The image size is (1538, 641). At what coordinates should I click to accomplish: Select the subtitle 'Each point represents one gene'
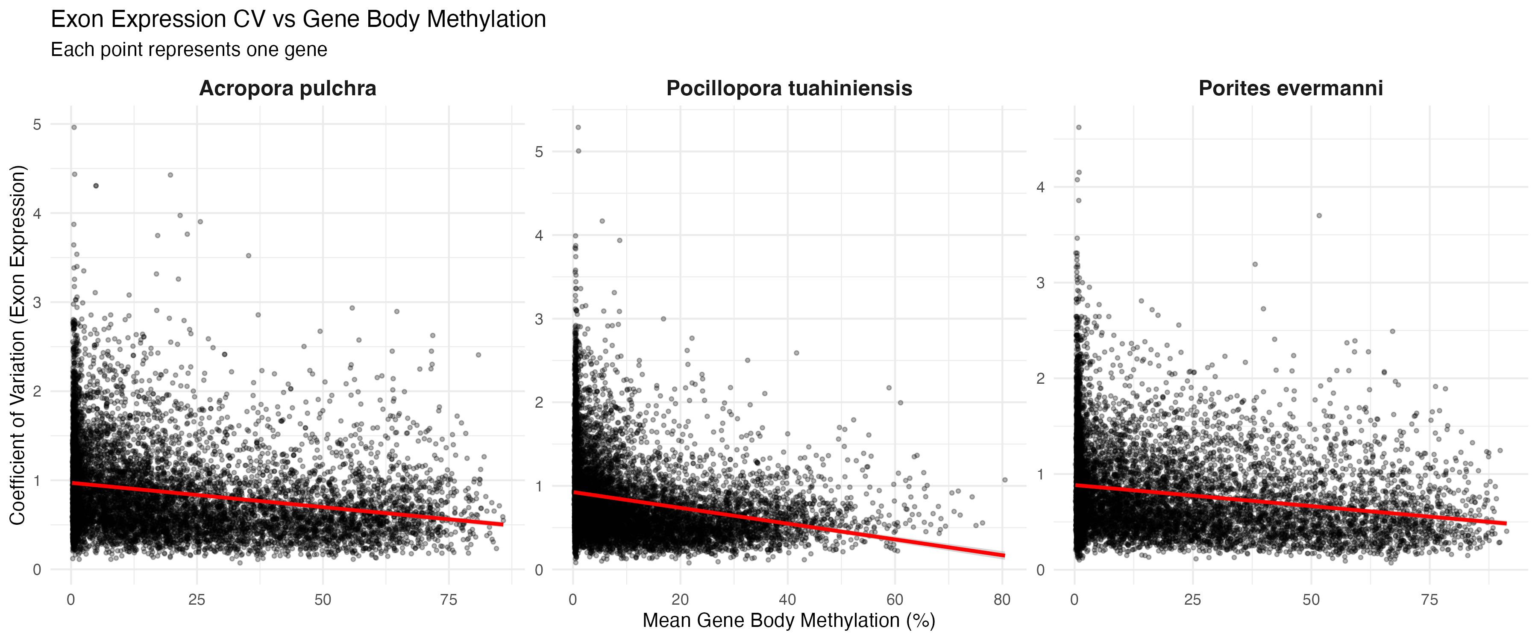tap(189, 50)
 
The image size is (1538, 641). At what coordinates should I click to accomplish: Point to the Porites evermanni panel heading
tap(1290, 88)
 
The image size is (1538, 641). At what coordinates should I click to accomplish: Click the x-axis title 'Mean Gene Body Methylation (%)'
tap(789, 620)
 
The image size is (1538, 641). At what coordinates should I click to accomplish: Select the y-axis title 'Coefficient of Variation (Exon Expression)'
tap(18, 345)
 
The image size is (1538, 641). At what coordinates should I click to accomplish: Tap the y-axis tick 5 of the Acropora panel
tap(37, 124)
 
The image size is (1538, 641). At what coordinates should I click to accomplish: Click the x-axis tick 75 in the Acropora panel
tap(449, 600)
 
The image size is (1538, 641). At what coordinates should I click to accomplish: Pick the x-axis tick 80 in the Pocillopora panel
tap(1002, 600)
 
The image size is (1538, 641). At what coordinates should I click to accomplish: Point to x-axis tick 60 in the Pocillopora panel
tap(894, 600)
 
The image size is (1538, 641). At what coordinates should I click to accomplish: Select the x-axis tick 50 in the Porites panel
tap(1311, 600)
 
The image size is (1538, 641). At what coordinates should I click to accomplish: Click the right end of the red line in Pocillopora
tap(1004, 556)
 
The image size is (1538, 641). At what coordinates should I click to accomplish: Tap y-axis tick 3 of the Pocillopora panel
tap(539, 319)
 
